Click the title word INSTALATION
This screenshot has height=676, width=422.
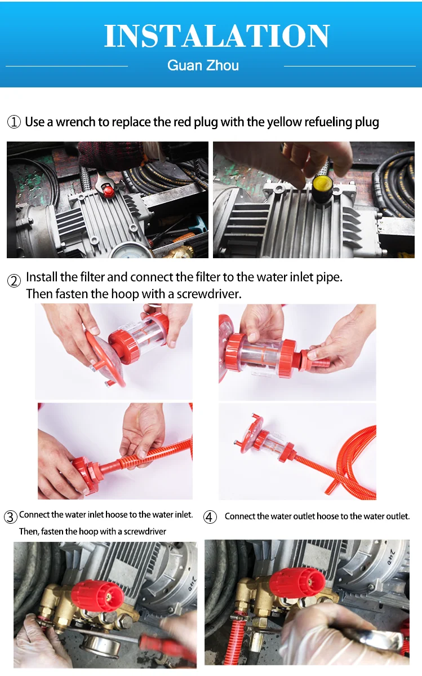[217, 36]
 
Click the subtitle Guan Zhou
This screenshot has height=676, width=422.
[203, 65]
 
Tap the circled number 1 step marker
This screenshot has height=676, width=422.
[14, 122]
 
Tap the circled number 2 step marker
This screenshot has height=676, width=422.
[14, 281]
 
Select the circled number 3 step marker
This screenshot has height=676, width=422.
[10, 516]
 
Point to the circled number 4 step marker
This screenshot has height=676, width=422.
[210, 517]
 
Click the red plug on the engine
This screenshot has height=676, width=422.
[109, 190]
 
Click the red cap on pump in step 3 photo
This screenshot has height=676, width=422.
[97, 597]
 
